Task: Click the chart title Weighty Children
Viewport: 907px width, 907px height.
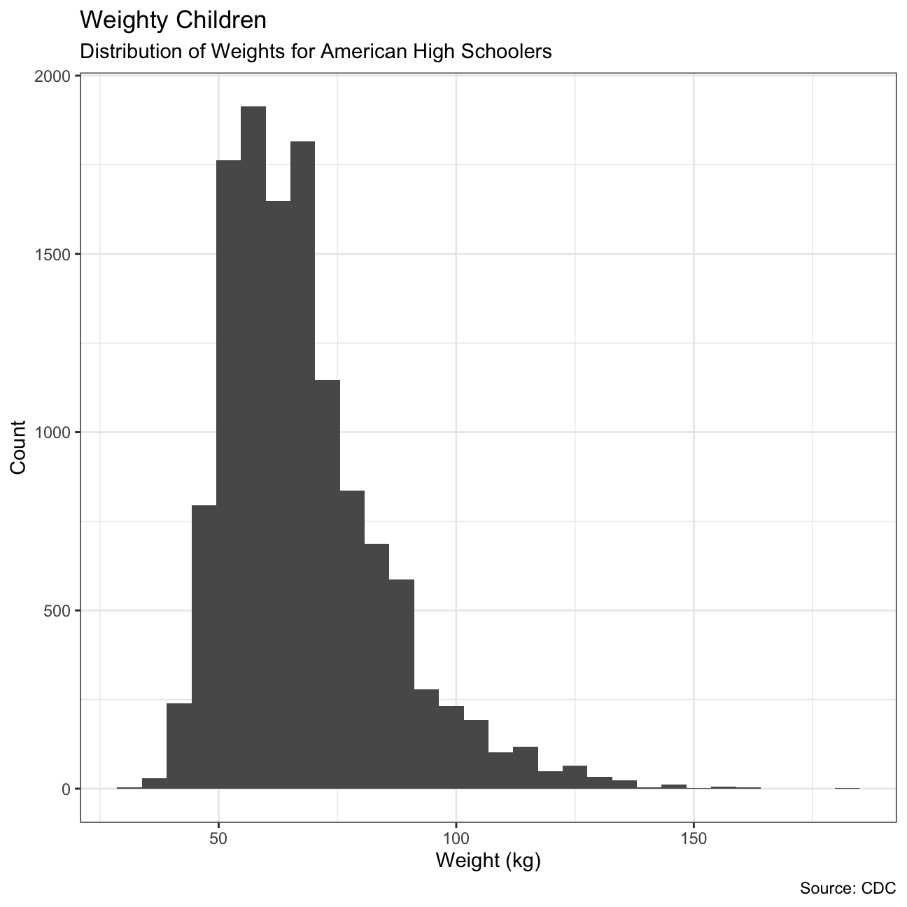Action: tap(174, 20)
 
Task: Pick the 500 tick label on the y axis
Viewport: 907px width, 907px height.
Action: tap(59, 610)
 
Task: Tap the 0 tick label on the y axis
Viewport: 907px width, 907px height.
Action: tap(67, 789)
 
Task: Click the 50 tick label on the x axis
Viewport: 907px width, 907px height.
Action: tap(218, 838)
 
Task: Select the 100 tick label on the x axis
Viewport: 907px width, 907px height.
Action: tap(456, 838)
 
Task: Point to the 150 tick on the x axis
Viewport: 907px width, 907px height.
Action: tap(693, 838)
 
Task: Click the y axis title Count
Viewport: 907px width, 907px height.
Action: tap(18, 447)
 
